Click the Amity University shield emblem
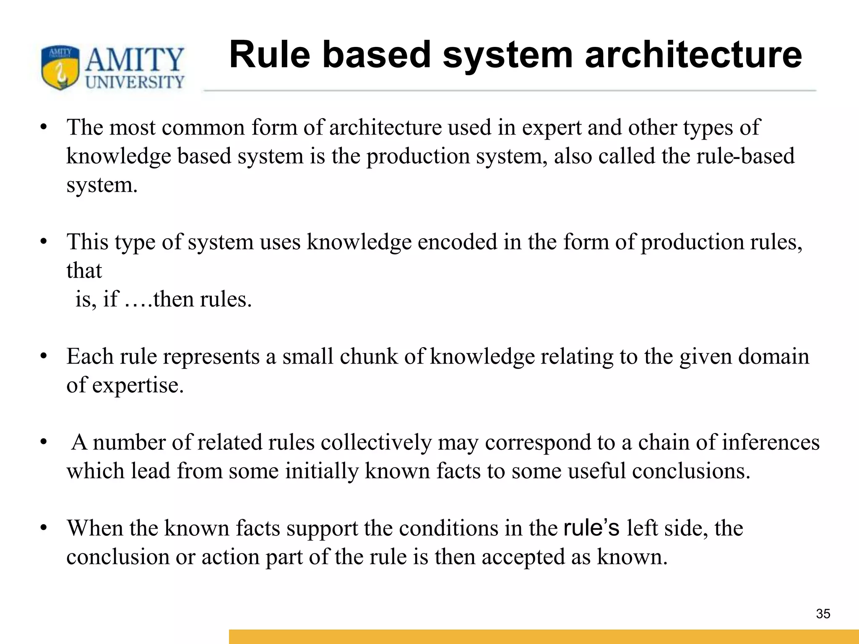click(x=60, y=68)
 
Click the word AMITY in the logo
click(x=135, y=60)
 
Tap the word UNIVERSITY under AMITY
click(x=135, y=82)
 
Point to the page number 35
click(x=823, y=614)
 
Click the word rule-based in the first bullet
click(x=745, y=156)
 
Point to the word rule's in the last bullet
click(x=591, y=528)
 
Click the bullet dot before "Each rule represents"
click(x=44, y=357)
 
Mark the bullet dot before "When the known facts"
click(x=44, y=528)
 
